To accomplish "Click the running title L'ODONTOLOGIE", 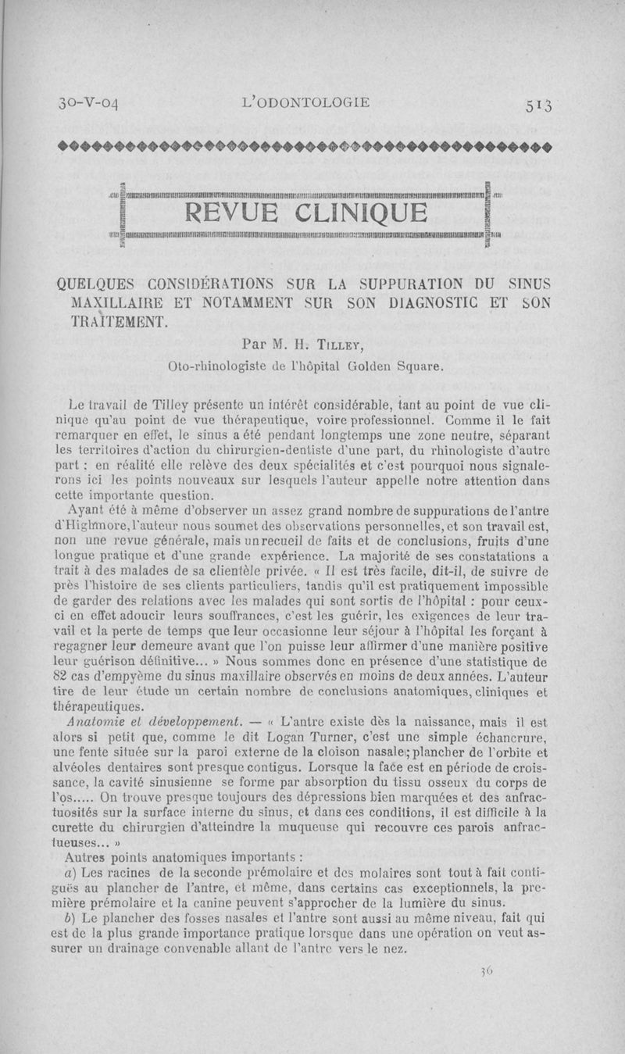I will tap(305, 102).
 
